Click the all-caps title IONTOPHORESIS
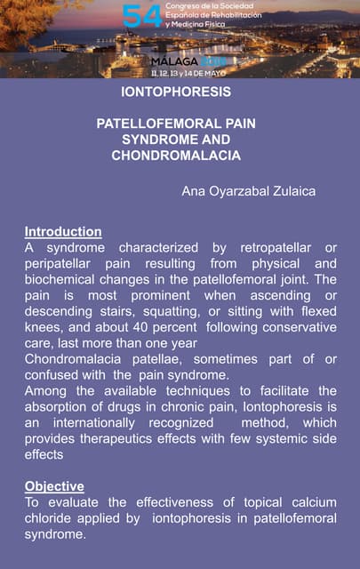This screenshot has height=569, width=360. pyautogui.click(x=176, y=92)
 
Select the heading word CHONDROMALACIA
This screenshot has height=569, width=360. pyautogui.click(x=176, y=156)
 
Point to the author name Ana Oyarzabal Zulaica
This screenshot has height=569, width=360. pyautogui.click(x=249, y=191)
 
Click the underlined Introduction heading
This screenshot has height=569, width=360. pyautogui.click(x=63, y=231)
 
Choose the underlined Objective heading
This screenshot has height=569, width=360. pyautogui.click(x=54, y=486)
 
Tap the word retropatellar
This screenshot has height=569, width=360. pyautogui.click(x=263, y=247)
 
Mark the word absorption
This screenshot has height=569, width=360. pyautogui.click(x=59, y=407)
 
